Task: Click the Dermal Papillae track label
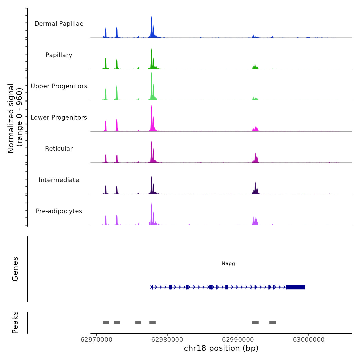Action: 59,24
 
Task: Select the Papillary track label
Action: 59,55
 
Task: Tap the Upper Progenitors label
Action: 59,86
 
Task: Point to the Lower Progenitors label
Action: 59,118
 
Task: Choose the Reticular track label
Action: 59,149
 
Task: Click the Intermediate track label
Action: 59,180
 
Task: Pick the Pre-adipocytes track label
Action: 59,211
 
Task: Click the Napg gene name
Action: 228,264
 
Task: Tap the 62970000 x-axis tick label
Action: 96,340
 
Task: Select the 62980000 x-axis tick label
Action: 167,340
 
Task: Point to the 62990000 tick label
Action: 238,340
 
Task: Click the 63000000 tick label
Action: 309,340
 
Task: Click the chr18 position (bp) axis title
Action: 221,348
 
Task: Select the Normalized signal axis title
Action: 15,118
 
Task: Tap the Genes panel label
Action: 15,269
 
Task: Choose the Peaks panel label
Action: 15,322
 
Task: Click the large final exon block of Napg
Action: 295,287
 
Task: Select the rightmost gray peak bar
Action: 273,323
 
